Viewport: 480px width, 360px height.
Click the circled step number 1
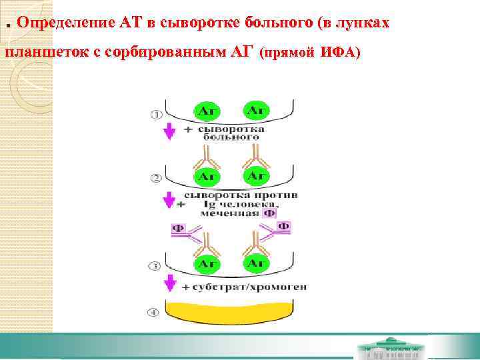click(x=156, y=114)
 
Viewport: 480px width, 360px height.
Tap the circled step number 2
click(x=156, y=178)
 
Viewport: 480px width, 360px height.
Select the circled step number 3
click(x=155, y=266)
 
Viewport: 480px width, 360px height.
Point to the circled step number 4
click(x=155, y=311)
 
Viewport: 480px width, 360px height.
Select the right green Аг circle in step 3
click(x=257, y=263)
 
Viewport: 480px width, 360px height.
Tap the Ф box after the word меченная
click(x=269, y=213)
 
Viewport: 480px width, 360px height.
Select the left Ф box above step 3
click(x=178, y=229)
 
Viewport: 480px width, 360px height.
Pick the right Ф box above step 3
click(x=284, y=227)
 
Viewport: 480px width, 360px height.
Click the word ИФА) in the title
click(x=340, y=52)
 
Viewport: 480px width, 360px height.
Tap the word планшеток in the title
click(x=43, y=52)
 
